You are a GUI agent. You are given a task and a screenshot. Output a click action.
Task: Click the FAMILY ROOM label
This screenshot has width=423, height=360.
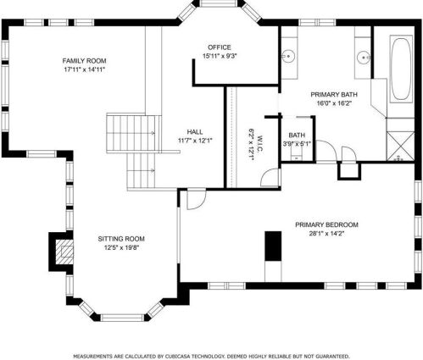pos(84,61)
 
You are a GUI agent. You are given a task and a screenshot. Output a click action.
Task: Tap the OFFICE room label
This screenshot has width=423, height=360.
pos(220,47)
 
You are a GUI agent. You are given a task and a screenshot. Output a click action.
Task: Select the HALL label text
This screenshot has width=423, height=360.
pos(195,132)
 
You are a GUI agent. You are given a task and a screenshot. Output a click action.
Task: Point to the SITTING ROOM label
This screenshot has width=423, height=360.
pos(121,239)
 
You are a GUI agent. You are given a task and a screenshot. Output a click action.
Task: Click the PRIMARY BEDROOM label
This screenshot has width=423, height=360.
pos(326,224)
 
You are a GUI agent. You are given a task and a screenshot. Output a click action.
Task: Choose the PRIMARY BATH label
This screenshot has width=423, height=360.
pos(334,94)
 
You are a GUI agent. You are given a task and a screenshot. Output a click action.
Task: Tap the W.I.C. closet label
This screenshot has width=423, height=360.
pos(260,145)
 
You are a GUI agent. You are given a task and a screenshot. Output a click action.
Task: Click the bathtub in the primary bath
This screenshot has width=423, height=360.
pos(401,69)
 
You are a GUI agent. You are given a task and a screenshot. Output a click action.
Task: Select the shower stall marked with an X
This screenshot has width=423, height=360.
pos(401,146)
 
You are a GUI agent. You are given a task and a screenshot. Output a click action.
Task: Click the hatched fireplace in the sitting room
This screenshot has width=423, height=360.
pos(64,252)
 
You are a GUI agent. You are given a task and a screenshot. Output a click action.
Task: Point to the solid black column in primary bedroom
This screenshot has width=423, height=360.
pos(273,246)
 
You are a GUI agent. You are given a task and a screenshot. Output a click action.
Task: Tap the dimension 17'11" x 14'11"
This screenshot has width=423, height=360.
pos(84,69)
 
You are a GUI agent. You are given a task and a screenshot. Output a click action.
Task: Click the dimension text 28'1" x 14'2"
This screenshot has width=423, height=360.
pos(326,234)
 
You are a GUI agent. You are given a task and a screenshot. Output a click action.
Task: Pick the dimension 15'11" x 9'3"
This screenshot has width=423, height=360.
pos(220,56)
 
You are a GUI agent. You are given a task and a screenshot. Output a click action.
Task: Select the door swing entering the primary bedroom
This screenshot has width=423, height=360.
pos(196,200)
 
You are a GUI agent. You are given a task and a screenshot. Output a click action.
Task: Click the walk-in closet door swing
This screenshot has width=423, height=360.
pos(270,177)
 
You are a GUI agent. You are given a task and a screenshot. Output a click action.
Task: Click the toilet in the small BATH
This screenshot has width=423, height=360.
pos(297,154)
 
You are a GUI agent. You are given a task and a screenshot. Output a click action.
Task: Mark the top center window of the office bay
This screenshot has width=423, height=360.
pos(218,3)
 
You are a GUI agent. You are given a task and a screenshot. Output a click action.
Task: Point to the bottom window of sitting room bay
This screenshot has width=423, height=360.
pos(122,318)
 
